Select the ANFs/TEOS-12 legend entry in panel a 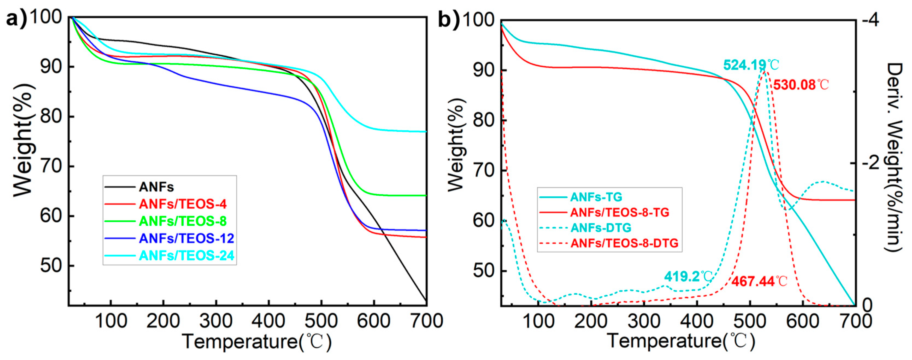coord(186,238)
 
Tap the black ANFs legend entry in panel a coord(156,187)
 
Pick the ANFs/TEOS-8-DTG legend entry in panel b coord(624,243)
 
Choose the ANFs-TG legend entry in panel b coord(596,197)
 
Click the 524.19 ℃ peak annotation coord(751,65)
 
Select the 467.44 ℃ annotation coord(759,281)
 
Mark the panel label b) coord(448,19)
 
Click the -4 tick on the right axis coord(870,20)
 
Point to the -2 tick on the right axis coord(870,163)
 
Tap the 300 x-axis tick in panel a coord(216,321)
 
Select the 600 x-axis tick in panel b coord(802,321)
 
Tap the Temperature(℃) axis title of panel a coord(257,342)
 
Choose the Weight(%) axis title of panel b coord(456,145)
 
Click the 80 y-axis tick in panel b coord(483,120)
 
